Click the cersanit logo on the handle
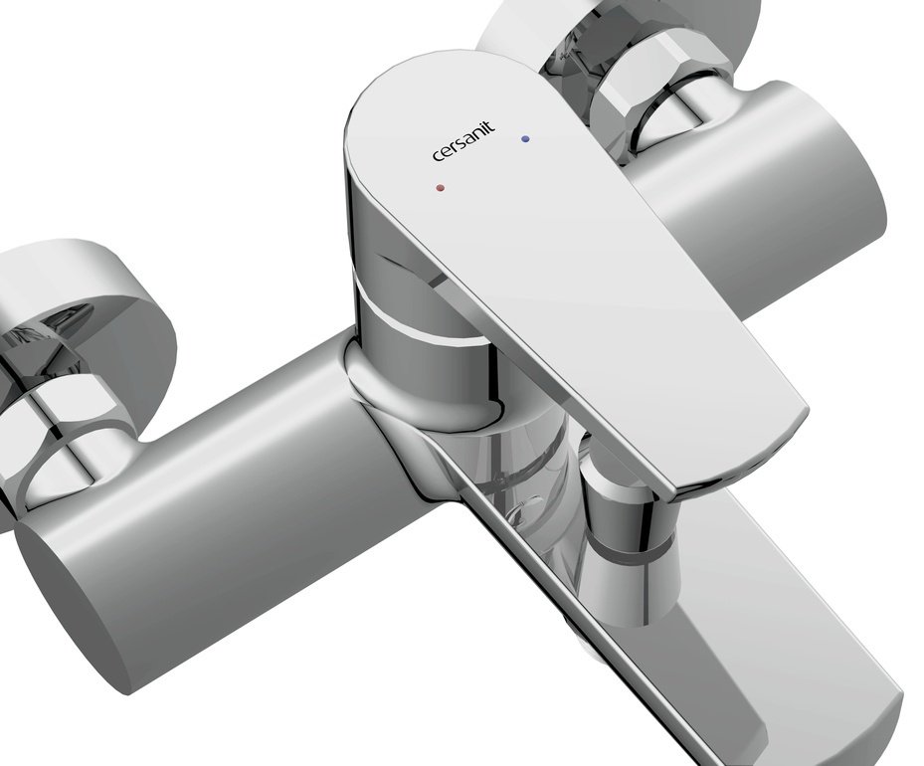463,141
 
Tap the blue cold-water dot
525,139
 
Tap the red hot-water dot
440,188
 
